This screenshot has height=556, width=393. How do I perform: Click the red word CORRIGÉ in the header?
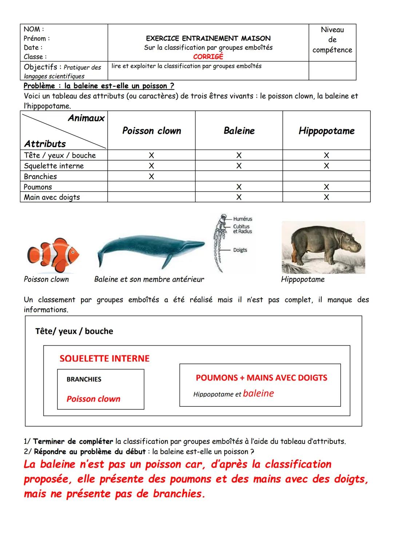coord(208,57)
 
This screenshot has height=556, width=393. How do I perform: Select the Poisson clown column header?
coord(151,131)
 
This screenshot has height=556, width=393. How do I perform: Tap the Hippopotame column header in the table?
coord(326,131)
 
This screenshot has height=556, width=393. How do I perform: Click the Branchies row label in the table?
coord(40,177)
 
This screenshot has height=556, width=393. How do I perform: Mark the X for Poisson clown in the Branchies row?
coord(151,177)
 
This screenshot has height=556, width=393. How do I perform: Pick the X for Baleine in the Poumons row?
coord(239,187)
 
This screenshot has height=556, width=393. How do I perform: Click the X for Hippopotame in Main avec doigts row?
coord(326,197)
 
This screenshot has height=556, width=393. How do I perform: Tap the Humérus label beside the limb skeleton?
coord(242,219)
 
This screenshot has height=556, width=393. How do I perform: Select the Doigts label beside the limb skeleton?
coord(240,250)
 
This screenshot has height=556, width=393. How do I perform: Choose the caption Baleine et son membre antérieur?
coord(149,279)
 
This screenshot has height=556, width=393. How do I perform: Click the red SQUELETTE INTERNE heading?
coord(104,359)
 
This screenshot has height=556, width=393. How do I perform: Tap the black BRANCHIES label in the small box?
coord(84,379)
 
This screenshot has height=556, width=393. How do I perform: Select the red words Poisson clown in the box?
coord(93,399)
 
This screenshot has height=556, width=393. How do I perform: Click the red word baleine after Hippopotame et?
coord(258,394)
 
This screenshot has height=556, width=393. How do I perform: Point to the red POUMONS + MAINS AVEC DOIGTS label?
coord(261,378)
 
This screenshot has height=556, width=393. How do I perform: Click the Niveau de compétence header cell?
coord(332,40)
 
